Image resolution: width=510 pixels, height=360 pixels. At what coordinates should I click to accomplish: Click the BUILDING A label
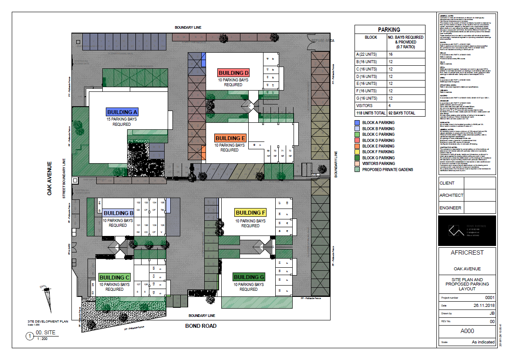pyautogui.click(x=122, y=111)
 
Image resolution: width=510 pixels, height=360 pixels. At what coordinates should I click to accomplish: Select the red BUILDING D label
pyautogui.click(x=233, y=73)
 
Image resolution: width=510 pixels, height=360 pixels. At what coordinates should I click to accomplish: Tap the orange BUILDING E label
pyautogui.click(x=230, y=138)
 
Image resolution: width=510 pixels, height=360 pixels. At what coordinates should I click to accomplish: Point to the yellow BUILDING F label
pyautogui.click(x=250, y=213)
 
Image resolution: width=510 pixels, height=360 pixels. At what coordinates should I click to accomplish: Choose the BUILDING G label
pyautogui.click(x=249, y=277)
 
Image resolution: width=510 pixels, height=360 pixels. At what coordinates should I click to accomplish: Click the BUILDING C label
pyautogui.click(x=114, y=277)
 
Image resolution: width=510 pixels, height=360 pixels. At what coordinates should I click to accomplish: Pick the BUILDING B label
pyautogui.click(x=118, y=213)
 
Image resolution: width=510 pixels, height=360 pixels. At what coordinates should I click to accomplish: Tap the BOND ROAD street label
pyautogui.click(x=201, y=326)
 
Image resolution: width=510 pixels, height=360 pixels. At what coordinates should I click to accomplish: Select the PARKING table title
pyautogui.click(x=389, y=30)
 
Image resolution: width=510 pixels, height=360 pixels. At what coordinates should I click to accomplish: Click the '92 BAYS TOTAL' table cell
pyautogui.click(x=406, y=113)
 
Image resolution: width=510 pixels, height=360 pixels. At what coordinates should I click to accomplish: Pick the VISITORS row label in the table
pyautogui.click(x=365, y=105)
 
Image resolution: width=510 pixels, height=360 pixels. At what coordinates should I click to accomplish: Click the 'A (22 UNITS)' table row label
pyautogui.click(x=367, y=54)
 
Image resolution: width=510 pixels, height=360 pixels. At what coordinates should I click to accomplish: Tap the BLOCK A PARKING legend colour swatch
pyautogui.click(x=357, y=123)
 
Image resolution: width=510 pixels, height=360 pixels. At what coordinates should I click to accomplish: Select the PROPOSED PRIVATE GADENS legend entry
pyautogui.click(x=388, y=169)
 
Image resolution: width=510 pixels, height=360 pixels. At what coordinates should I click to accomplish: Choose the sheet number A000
pyautogui.click(x=467, y=331)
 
